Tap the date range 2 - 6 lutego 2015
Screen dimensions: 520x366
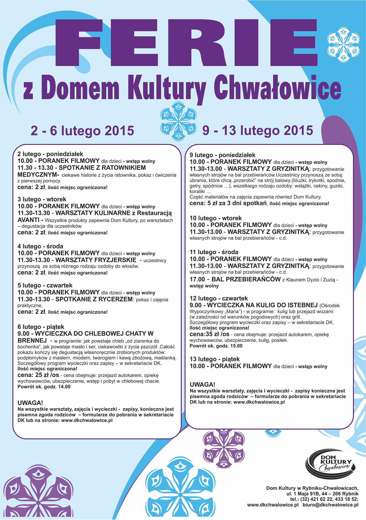pyautogui.click(x=82, y=130)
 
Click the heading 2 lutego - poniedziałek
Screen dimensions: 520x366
pyautogui.click(x=50, y=154)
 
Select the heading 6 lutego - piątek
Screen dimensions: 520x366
pyautogui.click(x=41, y=327)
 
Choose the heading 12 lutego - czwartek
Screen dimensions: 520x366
pyautogui.click(x=218, y=298)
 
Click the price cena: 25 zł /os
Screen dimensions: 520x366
pyautogui.click(x=38, y=375)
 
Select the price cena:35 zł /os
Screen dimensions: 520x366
pyautogui.click(x=209, y=334)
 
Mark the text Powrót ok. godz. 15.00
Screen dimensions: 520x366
pyautogui.click(x=216, y=346)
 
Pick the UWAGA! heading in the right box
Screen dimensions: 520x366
pyautogui.click(x=202, y=385)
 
